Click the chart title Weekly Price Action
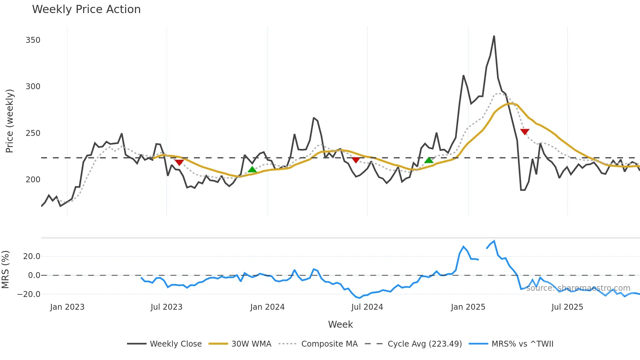86,9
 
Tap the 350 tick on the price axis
33,40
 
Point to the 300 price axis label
33,87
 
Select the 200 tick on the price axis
33,180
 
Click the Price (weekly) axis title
10,121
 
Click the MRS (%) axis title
6,270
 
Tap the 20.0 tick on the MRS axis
32,256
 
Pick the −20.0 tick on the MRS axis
29,294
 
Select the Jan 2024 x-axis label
267,307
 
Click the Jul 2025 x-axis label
567,307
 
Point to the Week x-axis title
340,324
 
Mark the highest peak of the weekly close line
494,36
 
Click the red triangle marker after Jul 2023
179,162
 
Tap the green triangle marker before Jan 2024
252,169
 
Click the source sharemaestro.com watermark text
578,288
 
